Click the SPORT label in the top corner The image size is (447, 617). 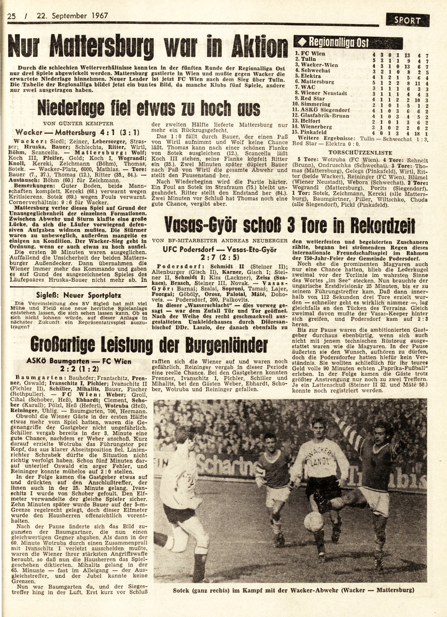(407, 20)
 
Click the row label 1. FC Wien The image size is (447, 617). (310, 54)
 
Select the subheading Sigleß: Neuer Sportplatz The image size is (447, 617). (79, 295)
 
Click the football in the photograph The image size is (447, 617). (313, 521)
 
